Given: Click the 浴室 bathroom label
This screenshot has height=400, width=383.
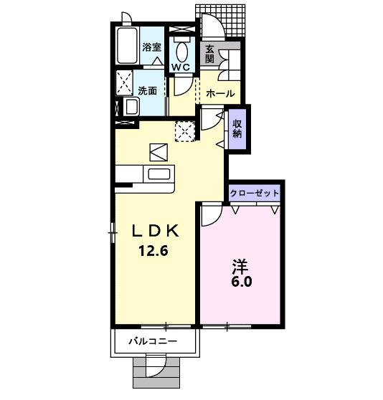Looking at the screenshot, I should [151, 47].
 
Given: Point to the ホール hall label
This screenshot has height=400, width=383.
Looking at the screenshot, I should [219, 94].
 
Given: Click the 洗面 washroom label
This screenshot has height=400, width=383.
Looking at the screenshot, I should [148, 91].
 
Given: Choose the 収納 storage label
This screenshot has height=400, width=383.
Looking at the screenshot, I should [237, 128].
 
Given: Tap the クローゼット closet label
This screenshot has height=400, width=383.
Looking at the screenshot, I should [254, 194].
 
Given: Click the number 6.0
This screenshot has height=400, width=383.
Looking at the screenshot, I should [241, 282].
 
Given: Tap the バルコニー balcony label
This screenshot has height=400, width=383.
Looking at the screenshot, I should [153, 341].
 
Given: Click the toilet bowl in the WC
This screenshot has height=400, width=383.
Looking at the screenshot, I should [181, 50].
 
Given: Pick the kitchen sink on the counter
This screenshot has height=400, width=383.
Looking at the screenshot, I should [157, 173].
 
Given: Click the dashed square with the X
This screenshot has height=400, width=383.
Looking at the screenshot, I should [186, 131].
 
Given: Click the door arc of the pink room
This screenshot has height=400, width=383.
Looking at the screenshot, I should [211, 213].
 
